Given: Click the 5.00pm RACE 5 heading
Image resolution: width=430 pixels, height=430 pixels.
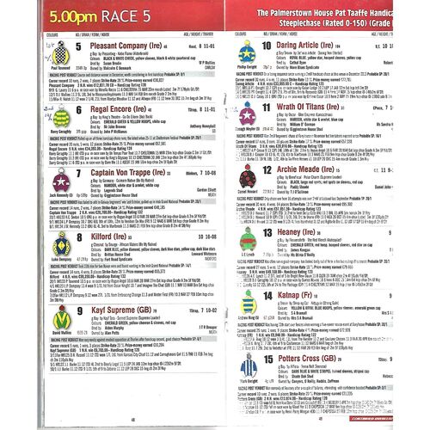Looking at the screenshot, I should pos(64,14).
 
